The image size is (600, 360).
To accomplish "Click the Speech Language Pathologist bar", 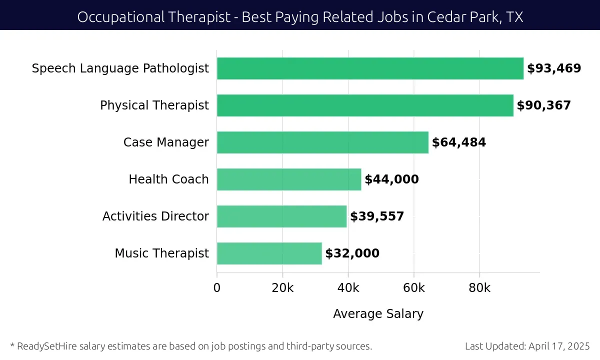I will coord(370,68).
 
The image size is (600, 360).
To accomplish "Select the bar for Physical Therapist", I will coord(365,105).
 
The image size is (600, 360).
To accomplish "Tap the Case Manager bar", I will coord(322,142).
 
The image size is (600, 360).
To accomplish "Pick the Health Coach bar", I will coord(289,179).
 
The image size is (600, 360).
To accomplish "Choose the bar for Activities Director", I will coord(281,216).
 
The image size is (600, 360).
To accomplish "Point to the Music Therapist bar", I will coord(269,253).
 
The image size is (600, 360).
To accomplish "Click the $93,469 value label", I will coord(554,68).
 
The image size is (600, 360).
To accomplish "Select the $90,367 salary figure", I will coord(543,105).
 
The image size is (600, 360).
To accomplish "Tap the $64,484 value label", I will coord(459,142).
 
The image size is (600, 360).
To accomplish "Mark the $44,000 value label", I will coord(391,179).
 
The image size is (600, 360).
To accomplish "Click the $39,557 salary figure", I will coord(377,216).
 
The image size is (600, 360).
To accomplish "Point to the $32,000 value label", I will coord(352,253).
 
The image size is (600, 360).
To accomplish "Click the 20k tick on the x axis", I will coord(282,288).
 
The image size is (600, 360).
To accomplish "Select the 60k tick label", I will coord(414,288).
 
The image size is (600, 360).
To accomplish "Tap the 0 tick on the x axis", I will coord(217,288).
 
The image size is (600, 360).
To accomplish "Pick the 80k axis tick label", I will coord(479,288).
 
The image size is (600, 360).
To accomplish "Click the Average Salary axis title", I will coord(378,314).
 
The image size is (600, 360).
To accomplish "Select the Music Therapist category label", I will coord(161,253).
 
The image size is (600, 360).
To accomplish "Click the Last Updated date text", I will coord(527,346).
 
